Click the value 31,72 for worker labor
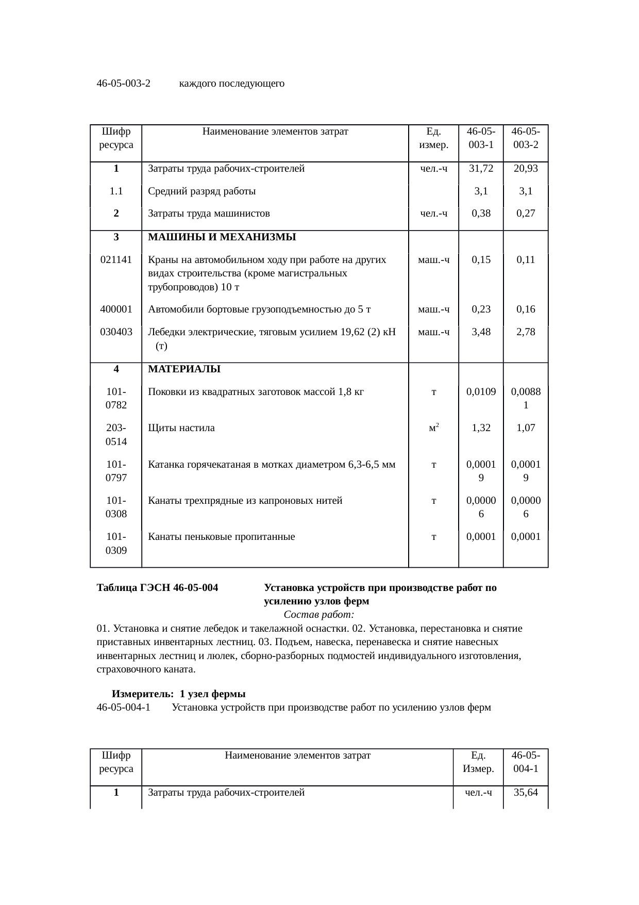pos(480,169)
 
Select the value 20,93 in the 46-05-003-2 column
pos(525,169)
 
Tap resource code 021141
pos(116,260)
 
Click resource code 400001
pos(116,309)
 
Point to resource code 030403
pos(116,332)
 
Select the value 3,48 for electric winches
pos(480,332)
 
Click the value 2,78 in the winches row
pos(525,332)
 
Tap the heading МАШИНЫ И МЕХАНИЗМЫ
pos(222,237)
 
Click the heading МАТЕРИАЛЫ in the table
pos(184,369)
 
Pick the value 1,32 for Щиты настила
pos(480,427)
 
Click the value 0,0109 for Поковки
pos(480,392)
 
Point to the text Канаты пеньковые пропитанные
pos(222,537)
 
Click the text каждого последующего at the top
pos(231,84)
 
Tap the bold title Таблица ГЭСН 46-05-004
pos(157,588)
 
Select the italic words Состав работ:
pos(318,615)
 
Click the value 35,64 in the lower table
pos(525,792)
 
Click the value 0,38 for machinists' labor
pos(480,213)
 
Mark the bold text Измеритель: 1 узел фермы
pos(178,694)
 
